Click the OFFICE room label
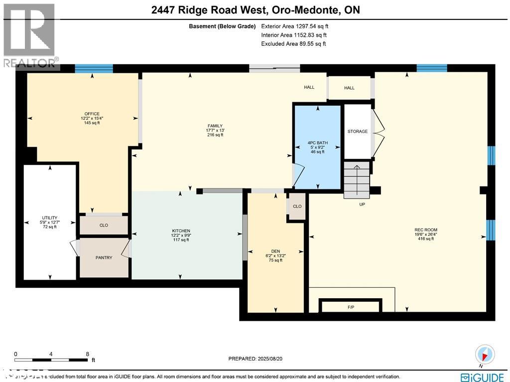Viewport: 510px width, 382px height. (92, 114)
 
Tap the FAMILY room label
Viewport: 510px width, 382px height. (215, 126)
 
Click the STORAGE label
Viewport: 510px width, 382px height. (358, 132)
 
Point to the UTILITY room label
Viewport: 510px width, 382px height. (49, 218)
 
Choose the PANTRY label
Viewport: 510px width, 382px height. (104, 258)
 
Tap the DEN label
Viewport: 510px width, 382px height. (275, 251)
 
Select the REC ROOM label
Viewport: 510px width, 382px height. (426, 230)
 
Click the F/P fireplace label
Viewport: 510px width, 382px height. (351, 307)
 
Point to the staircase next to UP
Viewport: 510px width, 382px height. (357, 179)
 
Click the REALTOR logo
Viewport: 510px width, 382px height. (29, 35)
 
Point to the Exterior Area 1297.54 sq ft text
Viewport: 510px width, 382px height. (294, 26)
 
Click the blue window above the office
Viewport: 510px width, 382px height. (94, 69)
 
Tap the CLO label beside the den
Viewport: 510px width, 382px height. (297, 206)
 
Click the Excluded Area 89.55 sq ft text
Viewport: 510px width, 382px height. (293, 44)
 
